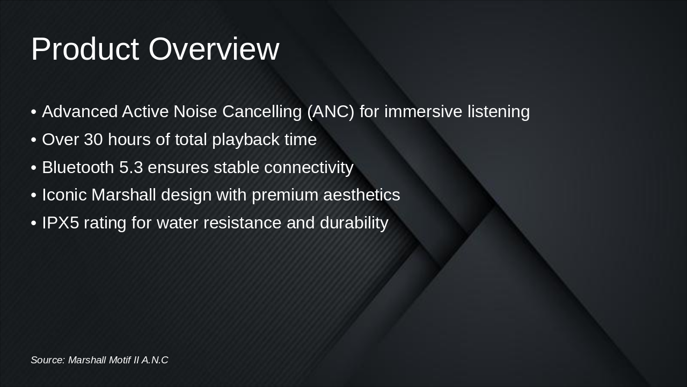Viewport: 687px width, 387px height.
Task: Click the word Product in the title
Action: click(85, 49)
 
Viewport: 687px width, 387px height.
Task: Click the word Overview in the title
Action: click(214, 49)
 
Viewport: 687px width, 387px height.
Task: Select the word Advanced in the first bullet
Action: click(79, 112)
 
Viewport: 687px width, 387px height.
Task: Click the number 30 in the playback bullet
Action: click(93, 140)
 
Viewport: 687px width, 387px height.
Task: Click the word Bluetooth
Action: click(78, 168)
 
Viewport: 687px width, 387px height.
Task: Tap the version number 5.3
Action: click(131, 168)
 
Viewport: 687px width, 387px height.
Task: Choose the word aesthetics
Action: click(361, 195)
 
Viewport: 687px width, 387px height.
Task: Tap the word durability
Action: click(354, 223)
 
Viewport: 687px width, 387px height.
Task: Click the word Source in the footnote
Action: click(47, 360)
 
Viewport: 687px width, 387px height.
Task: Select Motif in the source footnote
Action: click(119, 360)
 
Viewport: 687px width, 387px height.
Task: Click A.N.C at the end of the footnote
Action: click(155, 360)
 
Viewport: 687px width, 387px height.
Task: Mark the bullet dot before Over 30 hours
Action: click(34, 140)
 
